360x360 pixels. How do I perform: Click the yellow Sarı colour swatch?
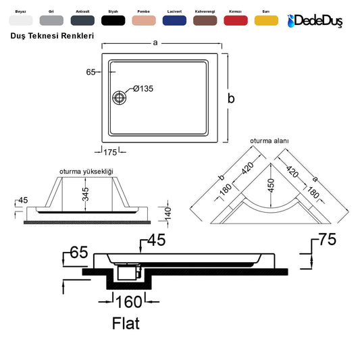[266, 20]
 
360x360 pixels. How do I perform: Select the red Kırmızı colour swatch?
[236, 20]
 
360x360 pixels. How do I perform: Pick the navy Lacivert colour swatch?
[174, 20]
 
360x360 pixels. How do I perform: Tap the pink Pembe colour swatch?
[144, 20]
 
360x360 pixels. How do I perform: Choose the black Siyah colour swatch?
[113, 20]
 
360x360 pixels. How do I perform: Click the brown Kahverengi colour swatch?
[205, 20]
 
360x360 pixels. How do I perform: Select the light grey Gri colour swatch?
[51, 20]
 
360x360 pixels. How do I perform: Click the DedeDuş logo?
[315, 21]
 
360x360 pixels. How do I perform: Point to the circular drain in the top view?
[119, 97]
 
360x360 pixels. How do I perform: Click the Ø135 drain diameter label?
[143, 88]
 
